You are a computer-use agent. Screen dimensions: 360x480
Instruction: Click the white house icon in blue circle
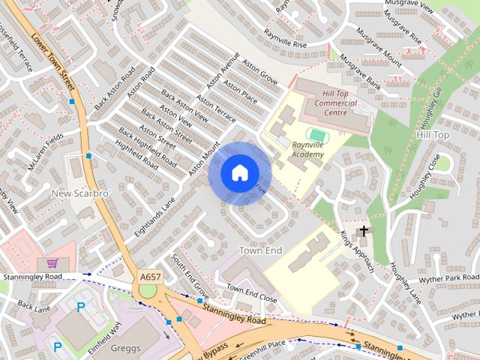click(x=239, y=173)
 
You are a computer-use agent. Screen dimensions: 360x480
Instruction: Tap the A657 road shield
click(x=150, y=277)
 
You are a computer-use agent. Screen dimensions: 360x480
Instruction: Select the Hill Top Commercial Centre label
click(x=325, y=107)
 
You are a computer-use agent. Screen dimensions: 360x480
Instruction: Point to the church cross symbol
click(x=364, y=231)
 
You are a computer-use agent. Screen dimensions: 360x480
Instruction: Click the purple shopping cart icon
click(x=52, y=263)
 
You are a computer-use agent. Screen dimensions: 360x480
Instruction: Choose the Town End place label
click(x=260, y=249)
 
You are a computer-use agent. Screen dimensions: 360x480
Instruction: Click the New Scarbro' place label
click(x=80, y=193)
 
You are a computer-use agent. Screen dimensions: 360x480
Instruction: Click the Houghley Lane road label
click(x=405, y=283)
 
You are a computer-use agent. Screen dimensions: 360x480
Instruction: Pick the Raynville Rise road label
click(x=285, y=38)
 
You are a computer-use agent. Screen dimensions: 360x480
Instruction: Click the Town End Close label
click(x=252, y=293)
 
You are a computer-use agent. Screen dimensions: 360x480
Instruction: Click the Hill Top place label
click(x=432, y=134)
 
